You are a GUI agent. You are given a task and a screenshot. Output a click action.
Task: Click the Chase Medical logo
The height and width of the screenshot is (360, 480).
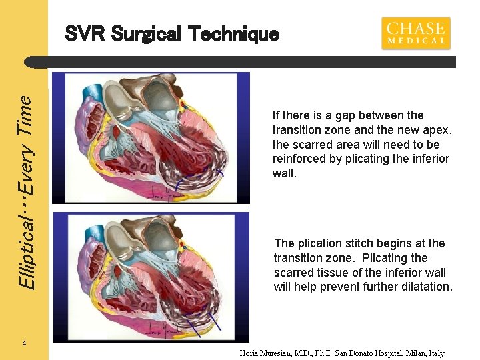click(415, 33)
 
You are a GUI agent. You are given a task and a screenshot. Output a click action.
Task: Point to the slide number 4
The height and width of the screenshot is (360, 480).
click(24, 343)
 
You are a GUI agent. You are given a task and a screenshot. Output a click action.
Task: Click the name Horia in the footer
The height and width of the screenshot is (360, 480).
click(251, 353)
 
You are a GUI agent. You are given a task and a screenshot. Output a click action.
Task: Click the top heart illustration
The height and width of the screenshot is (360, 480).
click(151, 137)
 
